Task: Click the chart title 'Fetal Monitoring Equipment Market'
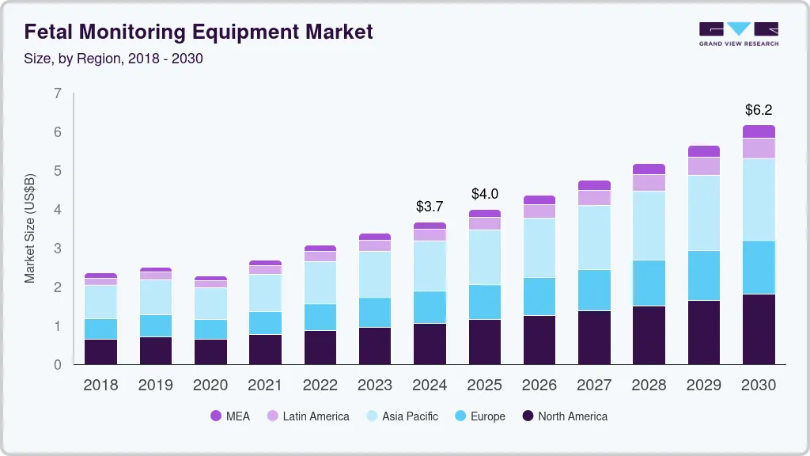pyautogui.click(x=199, y=32)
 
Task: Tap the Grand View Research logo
pyautogui.click(x=738, y=33)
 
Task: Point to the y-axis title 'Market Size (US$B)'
pyautogui.click(x=30, y=228)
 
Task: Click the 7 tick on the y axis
pyautogui.click(x=57, y=93)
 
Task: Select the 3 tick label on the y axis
pyautogui.click(x=57, y=249)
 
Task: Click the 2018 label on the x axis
pyautogui.click(x=100, y=386)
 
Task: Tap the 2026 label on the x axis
pyautogui.click(x=539, y=386)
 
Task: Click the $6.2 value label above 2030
pyautogui.click(x=759, y=110)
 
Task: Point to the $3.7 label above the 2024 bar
pyautogui.click(x=430, y=207)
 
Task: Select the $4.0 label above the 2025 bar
pyautogui.click(x=485, y=194)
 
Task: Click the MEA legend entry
pyautogui.click(x=229, y=416)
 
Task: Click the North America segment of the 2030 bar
pyautogui.click(x=759, y=329)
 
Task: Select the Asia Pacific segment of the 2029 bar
pyautogui.click(x=704, y=213)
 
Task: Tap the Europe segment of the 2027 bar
pyautogui.click(x=594, y=290)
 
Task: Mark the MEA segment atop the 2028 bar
pyautogui.click(x=649, y=169)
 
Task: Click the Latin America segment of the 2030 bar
pyautogui.click(x=759, y=148)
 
